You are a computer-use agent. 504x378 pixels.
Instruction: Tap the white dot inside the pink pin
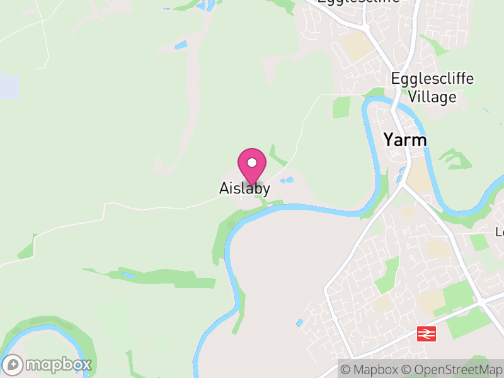coord(252,163)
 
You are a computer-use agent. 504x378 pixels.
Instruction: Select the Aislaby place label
coord(244,188)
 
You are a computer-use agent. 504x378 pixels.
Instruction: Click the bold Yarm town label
coord(405,140)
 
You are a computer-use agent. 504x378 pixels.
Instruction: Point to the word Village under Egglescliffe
coord(432,97)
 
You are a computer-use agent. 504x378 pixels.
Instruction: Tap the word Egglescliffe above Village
coord(432,79)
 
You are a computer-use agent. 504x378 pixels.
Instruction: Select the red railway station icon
coord(427,334)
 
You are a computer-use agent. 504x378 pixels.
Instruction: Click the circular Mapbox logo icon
coord(13,365)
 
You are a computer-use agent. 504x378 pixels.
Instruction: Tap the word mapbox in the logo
coord(58,365)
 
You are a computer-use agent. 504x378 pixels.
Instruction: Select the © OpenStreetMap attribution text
coord(452,369)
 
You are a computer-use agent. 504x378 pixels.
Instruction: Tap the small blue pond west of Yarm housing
coord(299,323)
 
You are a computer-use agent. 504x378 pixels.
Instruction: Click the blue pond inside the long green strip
coord(129,276)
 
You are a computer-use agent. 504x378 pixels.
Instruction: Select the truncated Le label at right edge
coord(500,232)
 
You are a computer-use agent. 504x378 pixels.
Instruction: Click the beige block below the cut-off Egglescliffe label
coord(355,46)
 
